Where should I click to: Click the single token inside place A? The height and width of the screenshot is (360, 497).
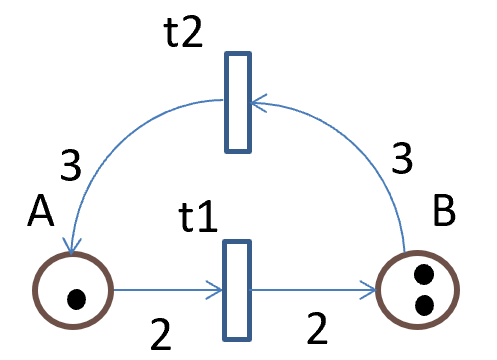75,297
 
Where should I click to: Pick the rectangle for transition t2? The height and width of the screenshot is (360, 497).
236,103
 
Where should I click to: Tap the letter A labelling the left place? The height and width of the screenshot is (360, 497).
41,211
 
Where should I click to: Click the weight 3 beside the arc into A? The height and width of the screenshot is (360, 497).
70,166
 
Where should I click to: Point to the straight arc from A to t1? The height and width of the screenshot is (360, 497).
165,291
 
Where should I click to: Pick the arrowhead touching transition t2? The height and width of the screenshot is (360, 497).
258,100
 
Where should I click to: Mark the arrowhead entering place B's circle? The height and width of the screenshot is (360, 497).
374,292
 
